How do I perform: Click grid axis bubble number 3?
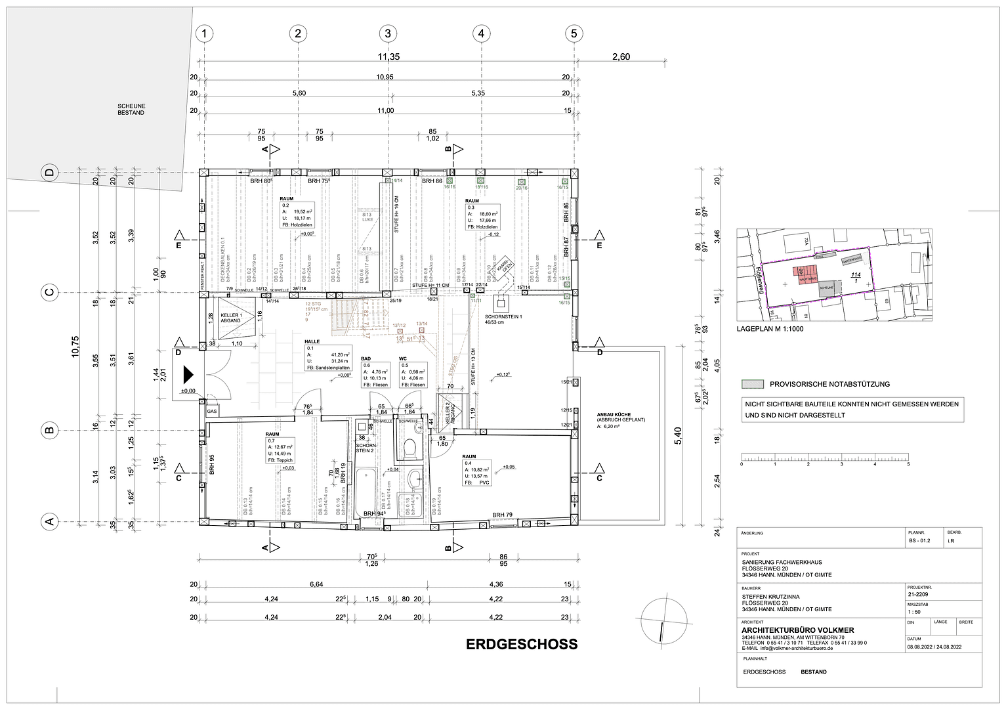(x=388, y=33)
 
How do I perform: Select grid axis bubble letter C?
(x=48, y=293)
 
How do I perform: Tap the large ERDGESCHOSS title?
(x=522, y=644)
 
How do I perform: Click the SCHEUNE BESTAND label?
(x=131, y=109)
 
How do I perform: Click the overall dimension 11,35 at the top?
(x=388, y=57)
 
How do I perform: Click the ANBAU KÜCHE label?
(x=615, y=415)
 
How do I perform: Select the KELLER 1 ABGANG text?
(x=230, y=317)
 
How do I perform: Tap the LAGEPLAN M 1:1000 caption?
(x=770, y=330)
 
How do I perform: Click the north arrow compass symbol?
(x=662, y=621)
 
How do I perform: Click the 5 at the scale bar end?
(x=908, y=464)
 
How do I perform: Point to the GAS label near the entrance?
(x=211, y=411)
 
